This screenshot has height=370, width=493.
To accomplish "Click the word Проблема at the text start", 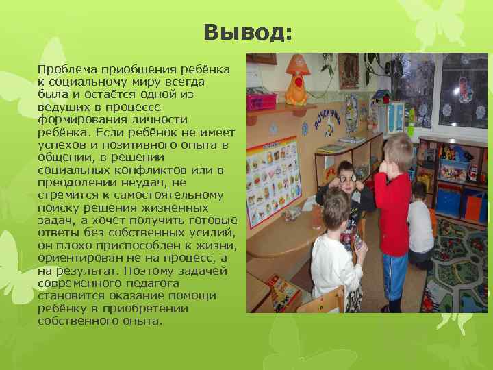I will tap(66, 70).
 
